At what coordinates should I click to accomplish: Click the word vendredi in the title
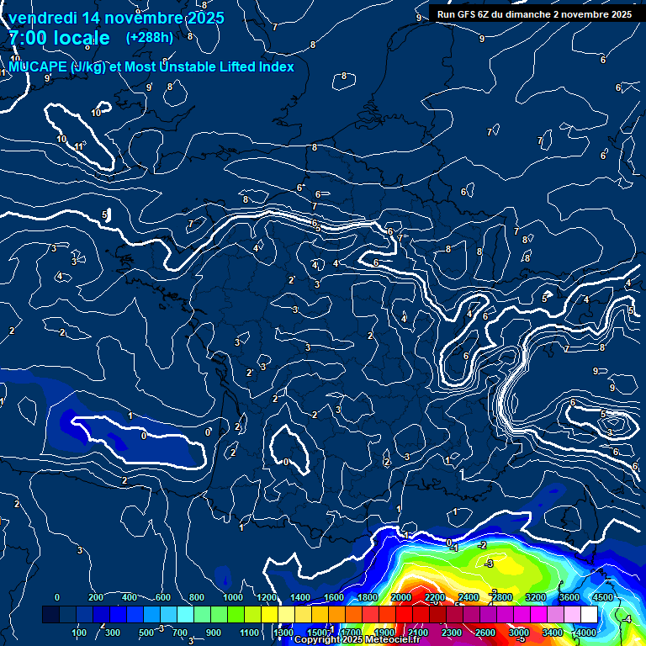pos(42,18)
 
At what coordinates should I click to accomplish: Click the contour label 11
pos(79,147)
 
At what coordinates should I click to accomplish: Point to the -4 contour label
pos(626,619)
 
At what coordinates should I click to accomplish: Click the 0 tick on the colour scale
pos(57,597)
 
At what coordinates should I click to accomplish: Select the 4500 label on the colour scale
pos(602,597)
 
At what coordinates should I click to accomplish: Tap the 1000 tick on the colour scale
pos(233,597)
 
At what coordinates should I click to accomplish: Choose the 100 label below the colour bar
pos(81,633)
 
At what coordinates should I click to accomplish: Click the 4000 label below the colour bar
pos(586,633)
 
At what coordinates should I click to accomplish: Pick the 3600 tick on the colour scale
pos(569,597)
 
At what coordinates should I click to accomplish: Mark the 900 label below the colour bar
pos(214,633)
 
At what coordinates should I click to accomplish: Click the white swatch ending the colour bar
pos(589,615)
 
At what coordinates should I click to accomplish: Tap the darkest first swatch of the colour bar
pos(50,615)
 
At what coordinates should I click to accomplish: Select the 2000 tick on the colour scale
pos(401,597)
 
